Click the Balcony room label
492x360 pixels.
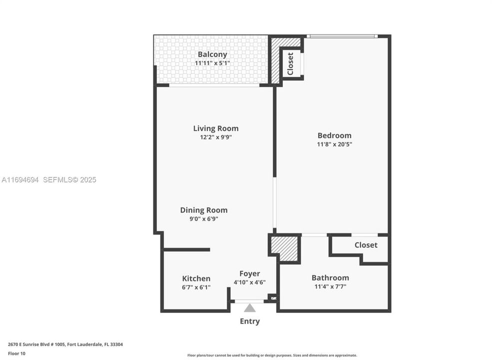point(212,54)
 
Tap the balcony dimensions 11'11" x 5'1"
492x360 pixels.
point(212,63)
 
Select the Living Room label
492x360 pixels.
point(216,128)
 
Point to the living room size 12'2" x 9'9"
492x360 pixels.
point(216,137)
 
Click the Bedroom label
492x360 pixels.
point(334,135)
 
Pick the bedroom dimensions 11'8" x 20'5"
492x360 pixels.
point(334,144)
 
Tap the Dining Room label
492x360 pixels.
point(204,210)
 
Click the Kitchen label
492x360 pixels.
point(196,278)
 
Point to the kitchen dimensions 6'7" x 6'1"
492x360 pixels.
point(196,287)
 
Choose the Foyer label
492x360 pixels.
point(249,273)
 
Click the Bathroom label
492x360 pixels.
point(330,278)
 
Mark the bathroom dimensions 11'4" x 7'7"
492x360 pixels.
point(330,286)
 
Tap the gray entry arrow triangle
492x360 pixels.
point(250,308)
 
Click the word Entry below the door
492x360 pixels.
point(250,321)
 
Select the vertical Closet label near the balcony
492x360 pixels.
point(290,63)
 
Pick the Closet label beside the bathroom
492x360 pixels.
point(366,245)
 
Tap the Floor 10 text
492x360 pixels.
point(16,353)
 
